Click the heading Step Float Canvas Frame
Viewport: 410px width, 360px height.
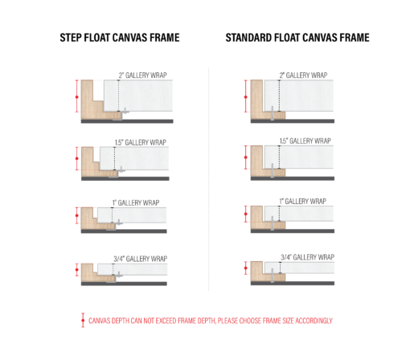point(120,38)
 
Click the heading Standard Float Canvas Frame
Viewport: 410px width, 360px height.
point(297,38)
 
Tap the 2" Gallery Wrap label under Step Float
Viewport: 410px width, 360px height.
point(142,76)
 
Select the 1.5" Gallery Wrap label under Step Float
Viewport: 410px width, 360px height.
point(141,142)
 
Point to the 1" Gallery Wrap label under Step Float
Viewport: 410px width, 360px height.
point(136,202)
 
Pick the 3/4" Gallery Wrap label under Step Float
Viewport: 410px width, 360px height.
point(141,259)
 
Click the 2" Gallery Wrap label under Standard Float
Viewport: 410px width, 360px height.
point(303,76)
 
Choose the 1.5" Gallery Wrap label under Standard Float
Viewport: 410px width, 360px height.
point(305,141)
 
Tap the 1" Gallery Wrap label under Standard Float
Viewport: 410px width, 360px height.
point(303,201)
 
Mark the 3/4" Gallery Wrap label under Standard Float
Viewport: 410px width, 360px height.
point(307,257)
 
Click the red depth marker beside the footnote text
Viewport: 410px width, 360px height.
point(83,320)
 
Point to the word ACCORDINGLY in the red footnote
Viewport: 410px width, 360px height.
point(314,321)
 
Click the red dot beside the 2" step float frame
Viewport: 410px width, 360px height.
point(77,97)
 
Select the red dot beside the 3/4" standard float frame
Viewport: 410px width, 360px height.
point(246,268)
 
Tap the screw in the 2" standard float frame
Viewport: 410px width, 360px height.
point(273,113)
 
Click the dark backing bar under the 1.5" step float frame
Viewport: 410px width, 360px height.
point(125,178)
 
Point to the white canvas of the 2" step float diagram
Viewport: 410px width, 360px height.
point(138,96)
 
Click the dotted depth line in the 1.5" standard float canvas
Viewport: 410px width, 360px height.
point(279,157)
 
